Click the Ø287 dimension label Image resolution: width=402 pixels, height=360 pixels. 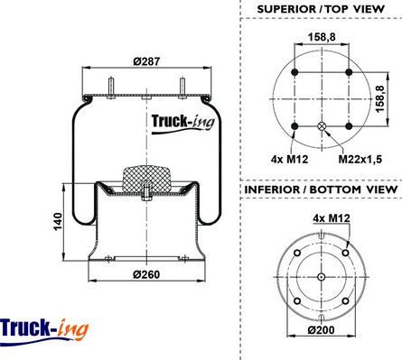[146, 61]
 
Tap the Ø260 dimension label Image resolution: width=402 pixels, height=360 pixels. [146, 274]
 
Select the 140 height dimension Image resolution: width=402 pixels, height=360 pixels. [58, 222]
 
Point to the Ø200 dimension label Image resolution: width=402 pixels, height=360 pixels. [321, 330]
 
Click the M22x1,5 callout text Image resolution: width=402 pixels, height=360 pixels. [360, 159]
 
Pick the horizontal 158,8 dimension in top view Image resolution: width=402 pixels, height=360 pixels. [322, 37]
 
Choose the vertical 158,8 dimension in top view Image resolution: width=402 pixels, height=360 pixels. [380, 99]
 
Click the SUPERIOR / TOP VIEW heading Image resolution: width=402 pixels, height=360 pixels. [321, 9]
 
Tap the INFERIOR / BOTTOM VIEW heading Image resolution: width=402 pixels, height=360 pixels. [321, 189]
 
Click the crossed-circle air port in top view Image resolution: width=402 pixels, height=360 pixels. [322, 126]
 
